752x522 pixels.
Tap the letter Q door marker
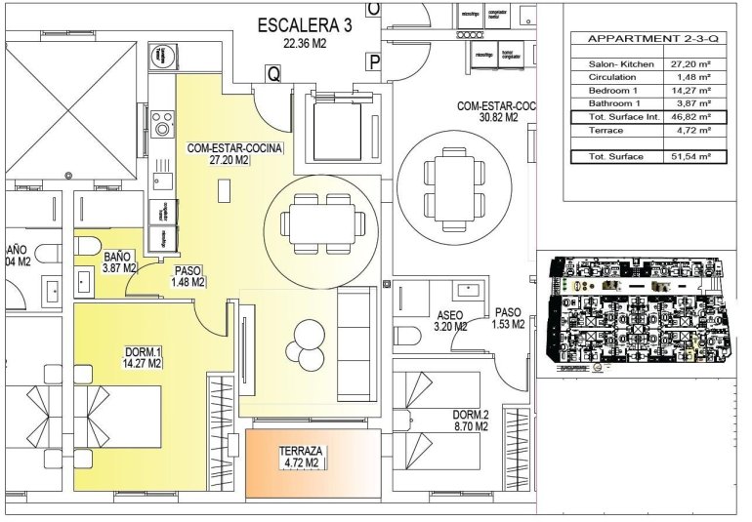tap(273, 72)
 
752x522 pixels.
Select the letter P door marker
tap(374, 63)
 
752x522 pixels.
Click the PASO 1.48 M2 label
tap(188, 276)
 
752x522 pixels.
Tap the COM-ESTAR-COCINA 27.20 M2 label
tap(233, 154)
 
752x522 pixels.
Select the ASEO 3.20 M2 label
tap(451, 321)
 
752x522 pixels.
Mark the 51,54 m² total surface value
tap(690, 156)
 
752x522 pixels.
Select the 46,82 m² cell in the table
tap(690, 117)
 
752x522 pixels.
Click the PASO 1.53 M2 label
tap(509, 318)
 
